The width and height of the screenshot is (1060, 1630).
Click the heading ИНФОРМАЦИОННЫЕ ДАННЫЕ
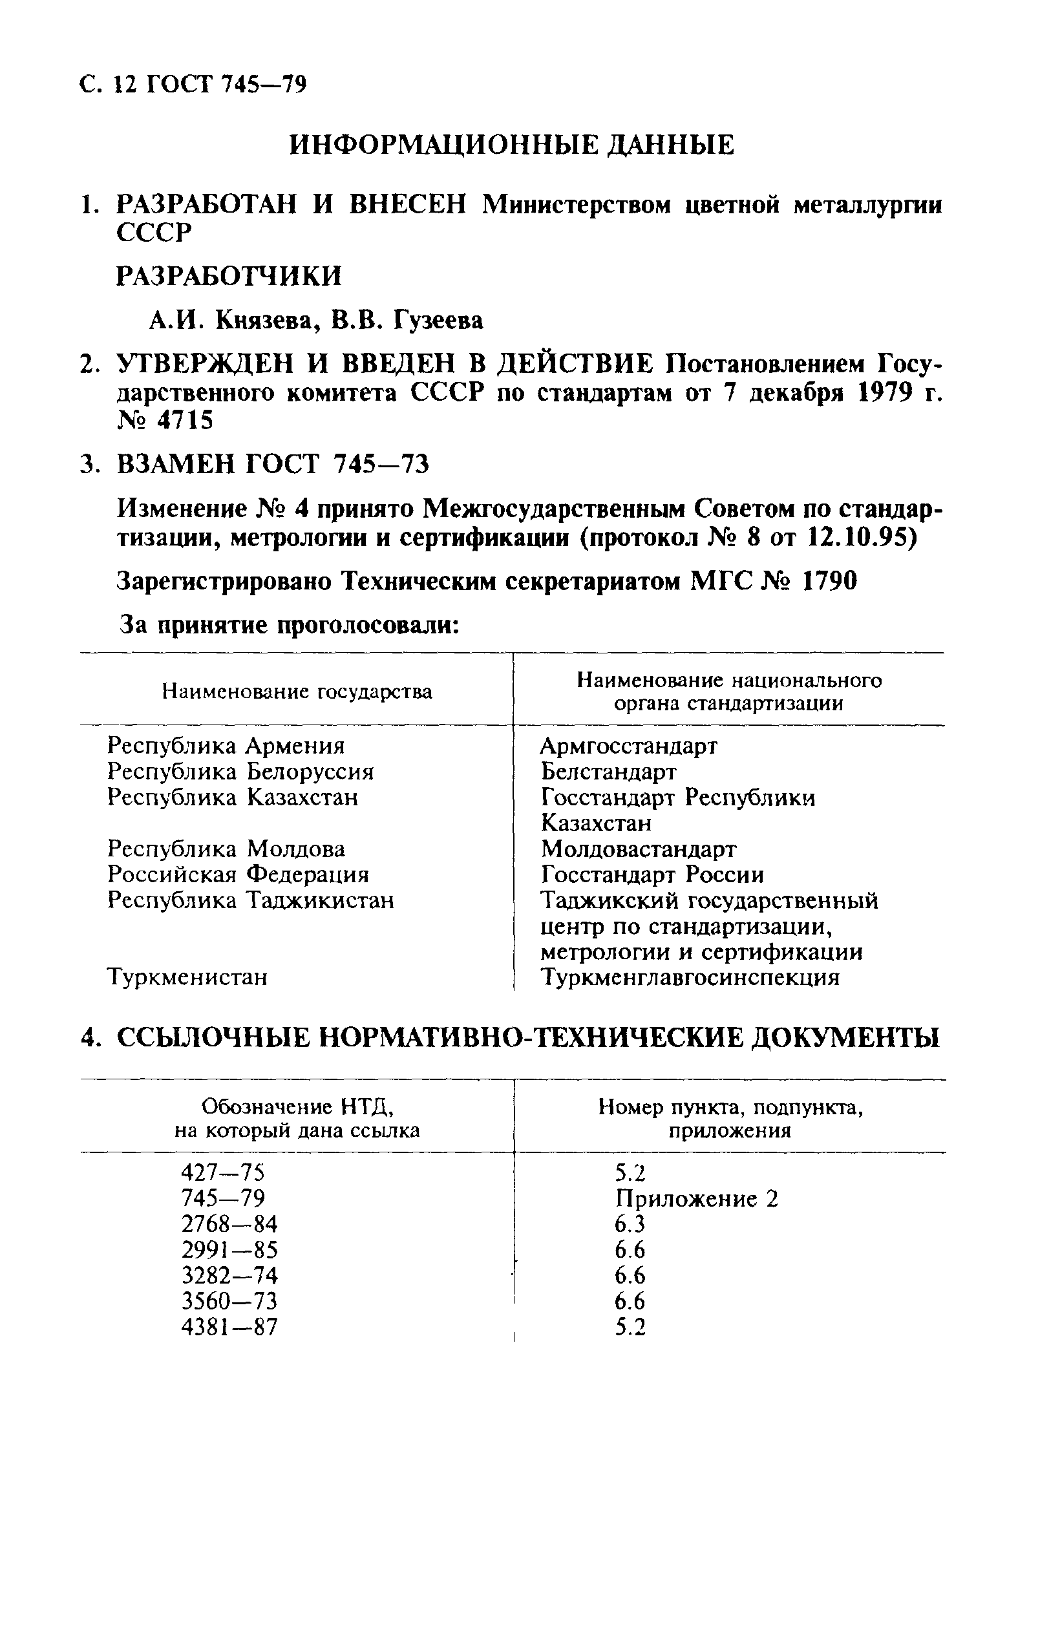coord(511,145)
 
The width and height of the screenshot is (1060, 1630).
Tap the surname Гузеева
coord(438,320)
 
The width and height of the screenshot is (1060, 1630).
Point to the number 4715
coord(185,421)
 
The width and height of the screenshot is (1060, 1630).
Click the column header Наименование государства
coord(297,692)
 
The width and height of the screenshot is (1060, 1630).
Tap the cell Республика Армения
coord(226,745)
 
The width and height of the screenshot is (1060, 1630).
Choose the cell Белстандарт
coord(608,771)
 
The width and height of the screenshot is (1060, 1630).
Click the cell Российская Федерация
coord(238,874)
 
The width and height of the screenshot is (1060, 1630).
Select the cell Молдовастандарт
coord(638,849)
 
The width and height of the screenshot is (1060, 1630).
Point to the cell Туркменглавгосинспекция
coord(690,977)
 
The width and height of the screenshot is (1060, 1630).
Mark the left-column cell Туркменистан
coord(187,977)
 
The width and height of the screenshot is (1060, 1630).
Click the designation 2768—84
coord(229,1224)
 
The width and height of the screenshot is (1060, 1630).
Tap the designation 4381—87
coord(229,1328)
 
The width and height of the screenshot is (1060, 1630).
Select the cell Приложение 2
coord(696,1198)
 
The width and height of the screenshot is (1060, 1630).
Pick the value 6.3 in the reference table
coord(630,1224)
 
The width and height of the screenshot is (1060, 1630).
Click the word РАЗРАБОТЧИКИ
coord(229,276)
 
